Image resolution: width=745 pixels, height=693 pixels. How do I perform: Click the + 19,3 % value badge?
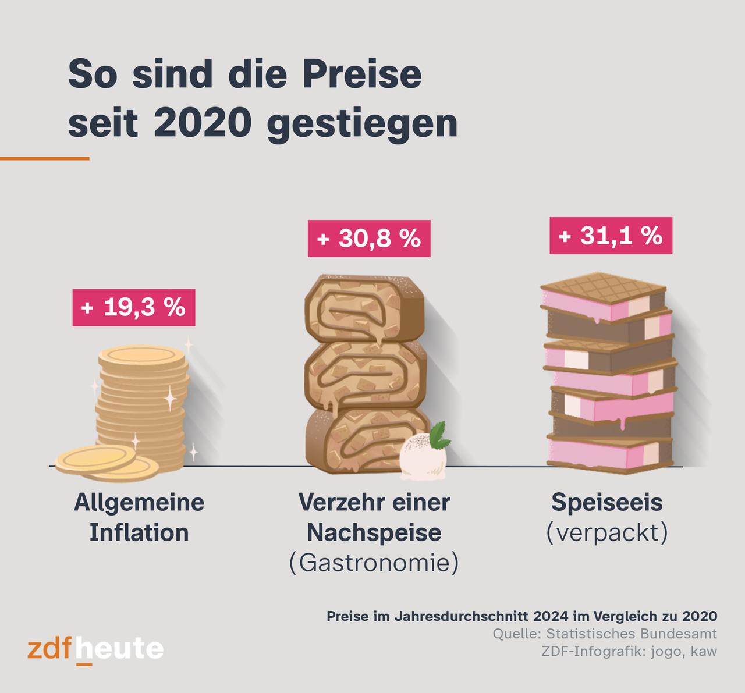pyautogui.click(x=133, y=307)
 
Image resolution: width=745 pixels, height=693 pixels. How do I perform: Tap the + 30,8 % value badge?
pyautogui.click(x=369, y=239)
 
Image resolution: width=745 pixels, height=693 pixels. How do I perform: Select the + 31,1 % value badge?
pyautogui.click(x=611, y=236)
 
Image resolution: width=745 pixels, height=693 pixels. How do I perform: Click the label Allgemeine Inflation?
pyautogui.click(x=139, y=517)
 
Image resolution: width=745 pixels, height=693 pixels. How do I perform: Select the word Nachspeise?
pyautogui.click(x=374, y=532)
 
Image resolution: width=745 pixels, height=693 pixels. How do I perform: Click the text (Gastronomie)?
pyautogui.click(x=374, y=563)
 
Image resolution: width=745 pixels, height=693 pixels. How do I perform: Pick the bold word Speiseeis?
pyautogui.click(x=606, y=502)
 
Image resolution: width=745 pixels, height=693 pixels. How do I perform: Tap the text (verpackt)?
pyautogui.click(x=606, y=532)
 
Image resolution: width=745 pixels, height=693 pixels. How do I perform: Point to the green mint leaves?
pyautogui.click(x=441, y=435)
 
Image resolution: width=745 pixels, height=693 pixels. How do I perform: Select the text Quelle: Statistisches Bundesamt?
pyautogui.click(x=605, y=634)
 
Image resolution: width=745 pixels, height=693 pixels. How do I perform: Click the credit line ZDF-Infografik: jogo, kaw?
pyautogui.click(x=629, y=651)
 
